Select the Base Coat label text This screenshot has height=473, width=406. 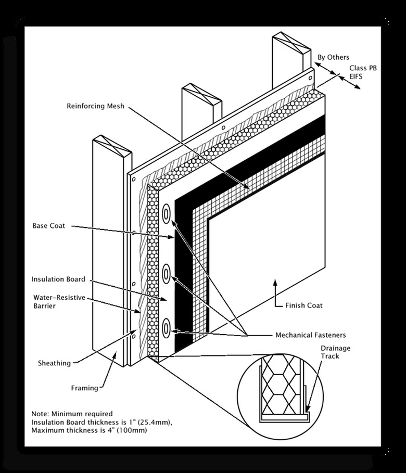(x=49, y=226)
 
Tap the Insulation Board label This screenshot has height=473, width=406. (x=58, y=279)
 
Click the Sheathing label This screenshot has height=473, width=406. (x=54, y=363)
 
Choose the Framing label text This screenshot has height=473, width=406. (x=84, y=388)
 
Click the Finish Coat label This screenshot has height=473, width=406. (x=304, y=305)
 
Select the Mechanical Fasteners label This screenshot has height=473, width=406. (x=310, y=335)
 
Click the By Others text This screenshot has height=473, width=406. (x=334, y=57)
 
